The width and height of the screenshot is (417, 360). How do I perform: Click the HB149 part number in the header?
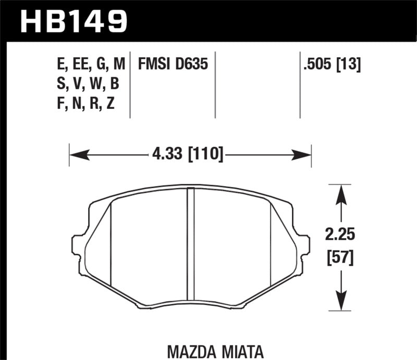(x=73, y=21)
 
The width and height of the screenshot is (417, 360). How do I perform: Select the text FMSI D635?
(x=173, y=65)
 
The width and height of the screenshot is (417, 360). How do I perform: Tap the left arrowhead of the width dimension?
(x=78, y=155)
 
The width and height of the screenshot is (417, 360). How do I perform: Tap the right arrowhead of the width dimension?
(x=302, y=155)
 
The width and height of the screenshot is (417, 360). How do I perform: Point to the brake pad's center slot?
(x=190, y=245)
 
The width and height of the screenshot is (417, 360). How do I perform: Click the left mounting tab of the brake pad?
(x=77, y=245)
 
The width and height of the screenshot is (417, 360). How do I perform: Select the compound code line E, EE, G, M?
(x=92, y=65)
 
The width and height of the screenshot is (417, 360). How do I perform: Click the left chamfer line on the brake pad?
(x=112, y=245)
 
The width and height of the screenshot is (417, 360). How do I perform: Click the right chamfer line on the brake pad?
(x=271, y=245)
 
